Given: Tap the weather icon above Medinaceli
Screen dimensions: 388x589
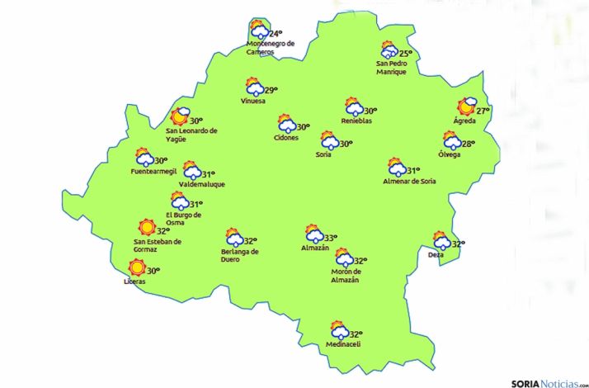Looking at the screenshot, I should point(338,330).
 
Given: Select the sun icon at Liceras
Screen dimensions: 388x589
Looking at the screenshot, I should point(137,267).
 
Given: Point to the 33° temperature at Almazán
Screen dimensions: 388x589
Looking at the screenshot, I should point(330,238).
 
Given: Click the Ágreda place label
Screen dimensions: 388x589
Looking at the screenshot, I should point(464,121).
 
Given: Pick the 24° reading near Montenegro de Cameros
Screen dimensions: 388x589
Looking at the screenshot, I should point(276,33).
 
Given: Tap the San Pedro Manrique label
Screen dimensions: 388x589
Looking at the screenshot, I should point(391,68).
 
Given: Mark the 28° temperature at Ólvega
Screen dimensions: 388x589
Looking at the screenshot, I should point(468,144).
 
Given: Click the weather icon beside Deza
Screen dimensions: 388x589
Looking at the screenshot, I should point(441,240).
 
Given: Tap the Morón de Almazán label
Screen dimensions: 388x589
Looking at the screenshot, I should point(345,277).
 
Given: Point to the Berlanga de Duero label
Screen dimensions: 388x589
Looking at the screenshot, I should point(240,255).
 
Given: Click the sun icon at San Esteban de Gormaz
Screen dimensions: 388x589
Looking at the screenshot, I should point(147,227).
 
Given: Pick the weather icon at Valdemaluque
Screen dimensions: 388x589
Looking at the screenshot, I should point(191,171).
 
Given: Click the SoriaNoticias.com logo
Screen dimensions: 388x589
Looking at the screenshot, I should point(548,382).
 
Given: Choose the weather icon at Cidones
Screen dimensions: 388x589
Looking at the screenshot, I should point(287,125).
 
